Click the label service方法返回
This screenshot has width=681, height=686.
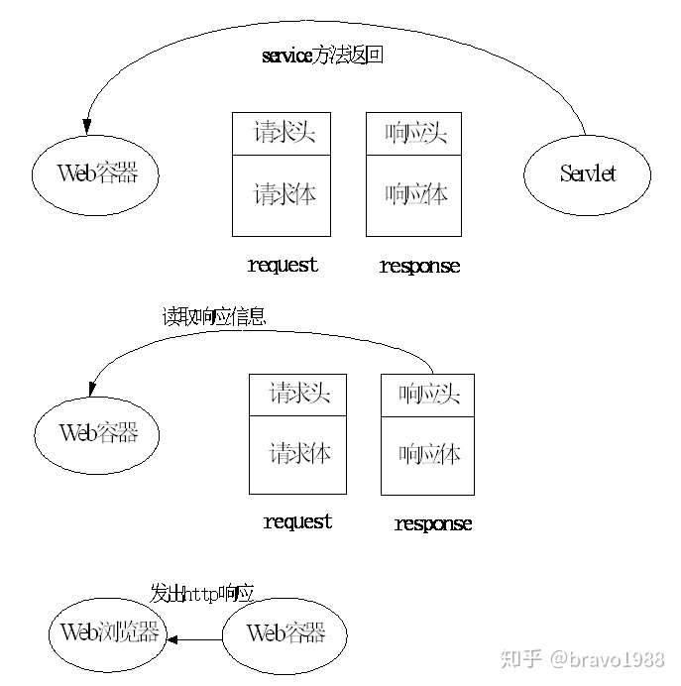(323, 56)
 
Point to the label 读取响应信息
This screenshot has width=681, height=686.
(214, 316)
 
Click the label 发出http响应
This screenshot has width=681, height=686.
(202, 594)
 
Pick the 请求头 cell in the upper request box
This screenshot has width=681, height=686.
(282, 134)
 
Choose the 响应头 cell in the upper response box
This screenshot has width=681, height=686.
(413, 134)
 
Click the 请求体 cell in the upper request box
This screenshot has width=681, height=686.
(282, 195)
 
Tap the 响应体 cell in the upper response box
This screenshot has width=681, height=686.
(413, 195)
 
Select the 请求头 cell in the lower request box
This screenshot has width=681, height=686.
(297, 395)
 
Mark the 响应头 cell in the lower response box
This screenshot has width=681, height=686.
(428, 396)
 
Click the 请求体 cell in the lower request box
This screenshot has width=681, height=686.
(297, 455)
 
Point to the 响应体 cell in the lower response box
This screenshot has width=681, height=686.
(428, 456)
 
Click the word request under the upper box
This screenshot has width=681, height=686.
(283, 266)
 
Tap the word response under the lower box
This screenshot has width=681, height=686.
(433, 523)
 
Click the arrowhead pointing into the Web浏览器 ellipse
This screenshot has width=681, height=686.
(172, 639)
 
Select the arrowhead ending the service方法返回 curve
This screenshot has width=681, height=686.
(87, 127)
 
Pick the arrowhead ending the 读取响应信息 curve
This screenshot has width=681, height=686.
(92, 389)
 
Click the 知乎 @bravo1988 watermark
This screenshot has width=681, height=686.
(583, 659)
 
